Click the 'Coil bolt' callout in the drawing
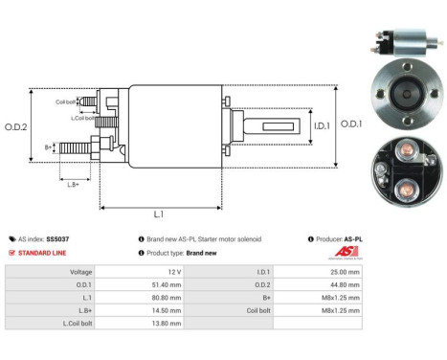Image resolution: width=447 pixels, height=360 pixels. click(65, 100)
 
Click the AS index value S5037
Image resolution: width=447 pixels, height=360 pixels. click(57, 238)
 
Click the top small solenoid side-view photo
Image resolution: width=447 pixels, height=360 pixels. click(403, 47)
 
